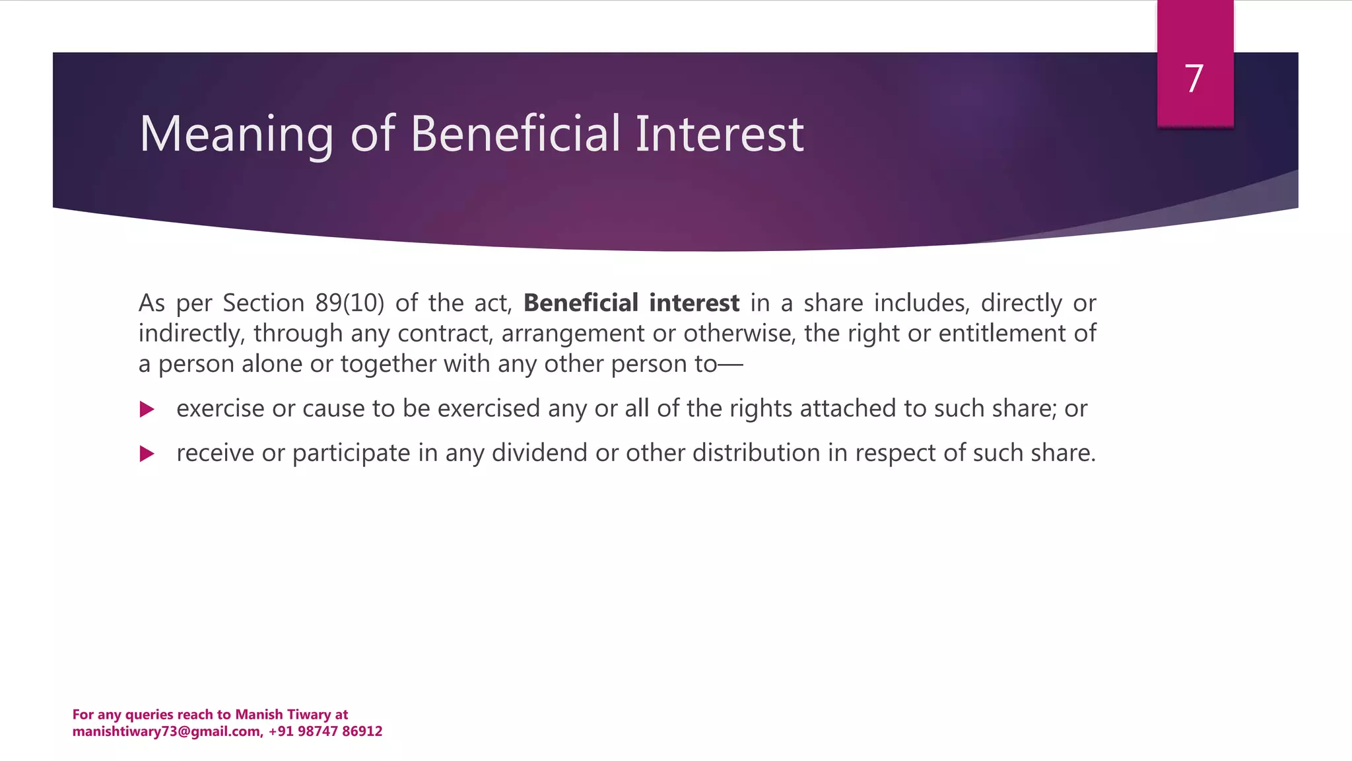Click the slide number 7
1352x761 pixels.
click(1194, 79)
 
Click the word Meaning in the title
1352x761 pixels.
click(236, 135)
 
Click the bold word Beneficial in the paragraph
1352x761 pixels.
click(581, 303)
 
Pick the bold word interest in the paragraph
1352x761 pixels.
click(694, 303)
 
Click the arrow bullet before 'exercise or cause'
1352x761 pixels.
click(147, 410)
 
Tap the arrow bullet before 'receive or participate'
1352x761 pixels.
click(147, 454)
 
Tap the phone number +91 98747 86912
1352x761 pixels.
click(325, 731)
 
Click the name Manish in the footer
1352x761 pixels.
click(259, 714)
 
